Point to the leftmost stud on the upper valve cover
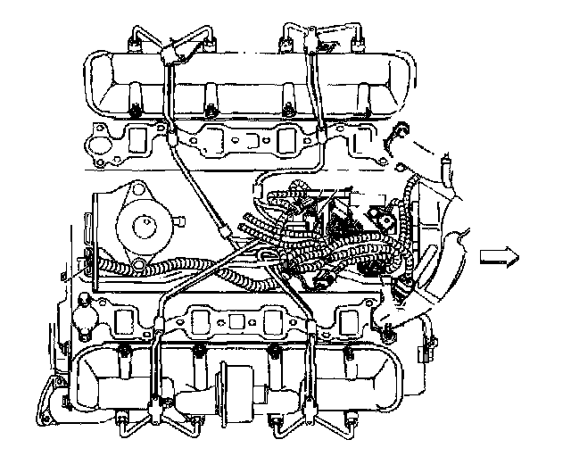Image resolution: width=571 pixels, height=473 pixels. pyautogui.click(x=133, y=110)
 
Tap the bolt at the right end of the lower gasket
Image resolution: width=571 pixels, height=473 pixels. pyautogui.click(x=389, y=335)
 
